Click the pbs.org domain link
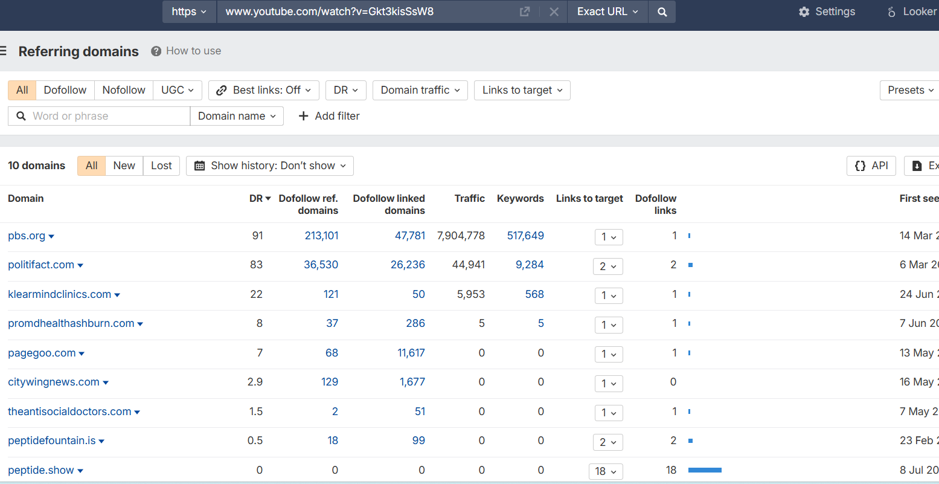[27, 236]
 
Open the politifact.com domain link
[41, 265]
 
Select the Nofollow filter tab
[124, 90]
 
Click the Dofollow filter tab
[65, 90]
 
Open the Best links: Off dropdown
[264, 90]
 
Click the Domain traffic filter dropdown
[420, 90]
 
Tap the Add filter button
[329, 116]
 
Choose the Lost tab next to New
[161, 166]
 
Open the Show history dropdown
[270, 166]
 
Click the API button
[871, 166]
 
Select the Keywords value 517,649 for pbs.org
[526, 236]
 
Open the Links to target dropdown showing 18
[606, 471]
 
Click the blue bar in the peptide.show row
[705, 470]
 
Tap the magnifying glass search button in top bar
[662, 11]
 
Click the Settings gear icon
[804, 11]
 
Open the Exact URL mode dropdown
[607, 11]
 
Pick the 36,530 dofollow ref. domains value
[321, 265]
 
